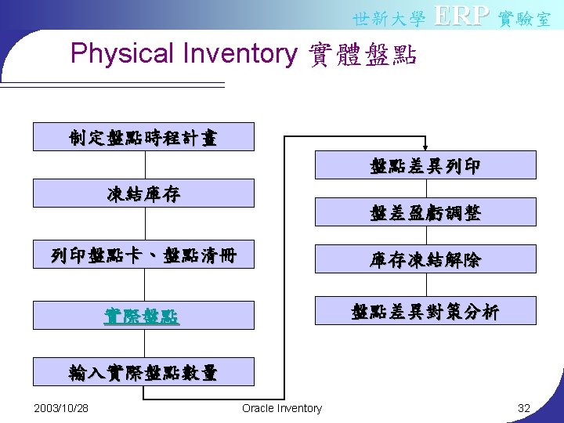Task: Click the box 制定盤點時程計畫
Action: pyautogui.click(x=143, y=137)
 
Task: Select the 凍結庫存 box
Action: pyautogui.click(x=143, y=193)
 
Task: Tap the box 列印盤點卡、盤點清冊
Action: pyautogui.click(x=143, y=255)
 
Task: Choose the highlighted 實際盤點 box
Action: pyautogui.click(x=143, y=316)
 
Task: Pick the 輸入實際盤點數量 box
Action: pyautogui.click(x=143, y=372)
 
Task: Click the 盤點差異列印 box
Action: pyautogui.click(x=425, y=165)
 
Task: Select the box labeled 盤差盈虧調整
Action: pyautogui.click(x=425, y=212)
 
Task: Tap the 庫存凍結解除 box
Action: pyautogui.click(x=425, y=259)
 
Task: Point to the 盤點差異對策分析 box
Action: pyautogui.click(x=425, y=311)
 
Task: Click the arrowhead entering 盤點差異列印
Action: pyautogui.click(x=425, y=146)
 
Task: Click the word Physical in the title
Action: pyautogui.click(x=121, y=54)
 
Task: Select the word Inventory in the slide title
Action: pyautogui.click(x=239, y=54)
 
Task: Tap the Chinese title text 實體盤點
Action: pyautogui.click(x=363, y=55)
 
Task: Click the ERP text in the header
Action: pyautogui.click(x=461, y=16)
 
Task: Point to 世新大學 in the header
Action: pyautogui.click(x=389, y=18)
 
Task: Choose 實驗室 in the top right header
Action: pyautogui.click(x=525, y=18)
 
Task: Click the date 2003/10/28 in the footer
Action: pyautogui.click(x=62, y=408)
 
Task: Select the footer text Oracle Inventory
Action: pyautogui.click(x=282, y=408)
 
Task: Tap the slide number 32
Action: pyautogui.click(x=524, y=408)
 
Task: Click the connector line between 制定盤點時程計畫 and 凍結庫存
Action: pyautogui.click(x=145, y=164)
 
